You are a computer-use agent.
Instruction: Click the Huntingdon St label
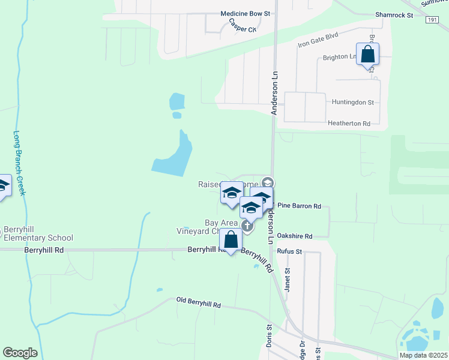click(x=353, y=103)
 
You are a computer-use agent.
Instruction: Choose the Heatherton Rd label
click(x=349, y=123)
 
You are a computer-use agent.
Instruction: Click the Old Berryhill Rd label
click(x=199, y=302)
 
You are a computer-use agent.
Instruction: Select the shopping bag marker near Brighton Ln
click(x=367, y=55)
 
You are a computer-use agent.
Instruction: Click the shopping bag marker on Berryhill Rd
click(x=231, y=240)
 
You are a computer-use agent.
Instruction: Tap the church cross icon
click(x=247, y=226)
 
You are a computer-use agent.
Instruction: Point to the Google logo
click(x=20, y=353)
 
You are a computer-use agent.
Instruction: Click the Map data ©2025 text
click(x=423, y=355)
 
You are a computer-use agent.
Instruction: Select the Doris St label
click(x=270, y=336)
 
